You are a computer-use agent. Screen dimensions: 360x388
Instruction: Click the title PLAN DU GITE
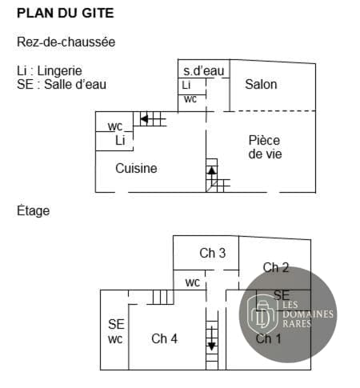(x=66, y=13)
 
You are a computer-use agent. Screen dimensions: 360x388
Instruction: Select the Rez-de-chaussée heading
(x=66, y=42)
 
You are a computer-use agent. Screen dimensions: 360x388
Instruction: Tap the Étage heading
(x=34, y=210)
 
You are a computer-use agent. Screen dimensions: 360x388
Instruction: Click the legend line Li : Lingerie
(x=50, y=71)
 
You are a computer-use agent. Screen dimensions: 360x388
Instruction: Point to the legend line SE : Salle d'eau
(x=62, y=85)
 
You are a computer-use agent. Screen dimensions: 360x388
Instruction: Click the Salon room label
(x=261, y=84)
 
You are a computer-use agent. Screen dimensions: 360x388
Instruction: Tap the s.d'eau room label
(x=204, y=71)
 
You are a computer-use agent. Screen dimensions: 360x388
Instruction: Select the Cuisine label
(x=136, y=168)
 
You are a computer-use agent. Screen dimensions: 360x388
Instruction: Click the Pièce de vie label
(x=265, y=147)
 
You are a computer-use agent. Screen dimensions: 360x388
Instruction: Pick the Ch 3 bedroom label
(x=213, y=253)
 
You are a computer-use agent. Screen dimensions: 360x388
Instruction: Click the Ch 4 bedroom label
(x=164, y=339)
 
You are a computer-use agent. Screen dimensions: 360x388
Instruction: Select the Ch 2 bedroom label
(x=276, y=267)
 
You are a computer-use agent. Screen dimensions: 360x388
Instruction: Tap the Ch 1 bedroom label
(x=268, y=339)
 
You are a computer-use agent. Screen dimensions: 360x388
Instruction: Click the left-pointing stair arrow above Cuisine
(x=144, y=118)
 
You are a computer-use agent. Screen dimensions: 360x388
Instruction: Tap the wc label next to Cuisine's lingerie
(x=115, y=126)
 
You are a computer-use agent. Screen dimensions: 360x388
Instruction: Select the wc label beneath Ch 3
(x=193, y=282)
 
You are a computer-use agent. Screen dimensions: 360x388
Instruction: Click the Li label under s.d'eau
(x=186, y=86)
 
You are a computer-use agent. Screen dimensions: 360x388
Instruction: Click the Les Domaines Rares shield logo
(x=262, y=314)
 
